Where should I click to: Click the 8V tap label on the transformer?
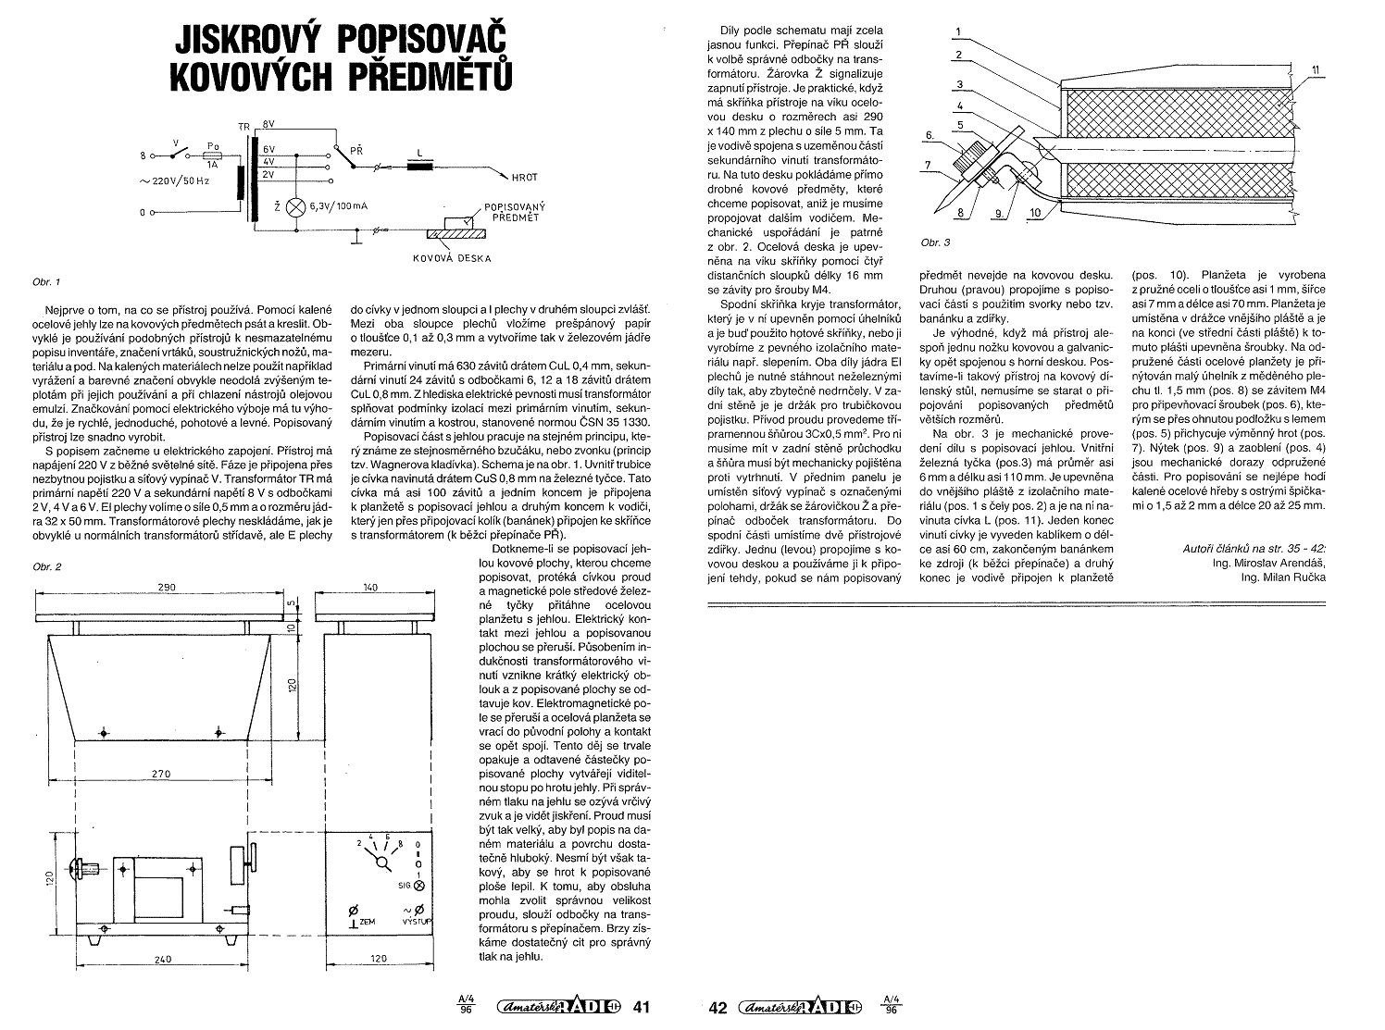click(x=268, y=124)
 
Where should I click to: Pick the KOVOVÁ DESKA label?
click(x=452, y=258)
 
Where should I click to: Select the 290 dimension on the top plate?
click(x=168, y=587)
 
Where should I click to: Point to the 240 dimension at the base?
click(x=163, y=960)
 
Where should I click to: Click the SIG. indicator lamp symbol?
click(x=418, y=886)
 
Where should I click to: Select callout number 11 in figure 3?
click(x=1316, y=70)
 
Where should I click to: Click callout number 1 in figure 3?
click(x=958, y=31)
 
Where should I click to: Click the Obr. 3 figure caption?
click(x=935, y=242)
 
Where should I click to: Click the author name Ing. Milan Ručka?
click(x=1283, y=577)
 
